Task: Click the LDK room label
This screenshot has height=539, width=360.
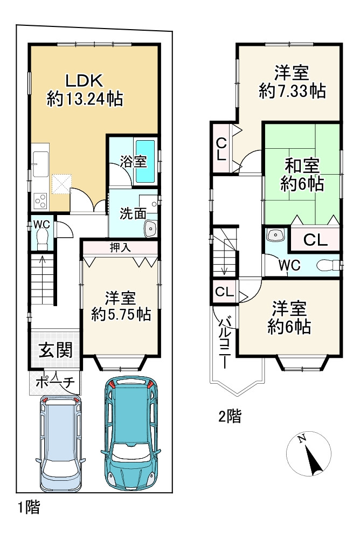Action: pyautogui.click(x=84, y=80)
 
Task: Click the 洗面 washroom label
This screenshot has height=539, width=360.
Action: pyautogui.click(x=133, y=213)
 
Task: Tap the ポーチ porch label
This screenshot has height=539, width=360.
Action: pyautogui.click(x=54, y=382)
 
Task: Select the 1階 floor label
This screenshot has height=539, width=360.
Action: pyautogui.click(x=29, y=507)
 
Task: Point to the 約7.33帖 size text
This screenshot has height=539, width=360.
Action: pyautogui.click(x=292, y=91)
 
